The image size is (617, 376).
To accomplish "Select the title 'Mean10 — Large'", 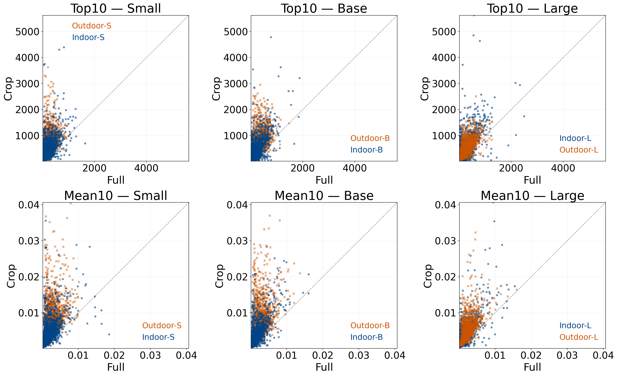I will pos(532,195).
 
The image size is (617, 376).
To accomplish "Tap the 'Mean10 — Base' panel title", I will pos(324,195).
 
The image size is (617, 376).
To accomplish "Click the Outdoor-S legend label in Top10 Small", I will pos(91,26).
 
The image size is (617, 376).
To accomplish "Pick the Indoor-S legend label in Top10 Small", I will pos(88,37).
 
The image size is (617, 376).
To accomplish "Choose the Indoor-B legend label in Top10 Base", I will pos(366,150).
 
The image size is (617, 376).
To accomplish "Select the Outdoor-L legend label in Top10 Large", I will pos(579,150).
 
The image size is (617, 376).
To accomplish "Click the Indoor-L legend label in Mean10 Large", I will pos(575,325).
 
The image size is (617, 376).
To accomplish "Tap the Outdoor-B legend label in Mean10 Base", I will pos(370,325).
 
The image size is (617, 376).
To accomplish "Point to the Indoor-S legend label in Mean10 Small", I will pos(158,337).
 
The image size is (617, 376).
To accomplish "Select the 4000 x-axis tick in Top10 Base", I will pos(355,168).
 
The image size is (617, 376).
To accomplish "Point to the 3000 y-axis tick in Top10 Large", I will pos(444,84).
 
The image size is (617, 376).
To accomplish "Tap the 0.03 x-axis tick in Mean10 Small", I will pos(150,355).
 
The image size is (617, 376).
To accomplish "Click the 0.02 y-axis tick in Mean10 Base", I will pos(237,277).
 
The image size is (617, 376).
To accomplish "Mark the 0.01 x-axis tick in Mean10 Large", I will pos(495,355).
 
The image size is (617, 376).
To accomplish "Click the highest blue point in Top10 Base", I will pos(271,37).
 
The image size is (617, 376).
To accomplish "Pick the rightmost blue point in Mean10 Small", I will pos(109,334).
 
